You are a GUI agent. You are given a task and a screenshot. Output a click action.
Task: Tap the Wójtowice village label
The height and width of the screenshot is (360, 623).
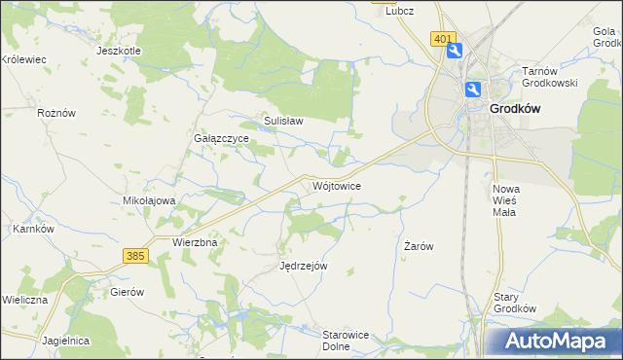coord(338,185)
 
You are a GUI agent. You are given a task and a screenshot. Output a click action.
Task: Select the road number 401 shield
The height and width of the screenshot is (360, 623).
coord(443,39)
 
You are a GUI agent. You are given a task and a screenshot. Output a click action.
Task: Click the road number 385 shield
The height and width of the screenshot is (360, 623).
coord(135,255)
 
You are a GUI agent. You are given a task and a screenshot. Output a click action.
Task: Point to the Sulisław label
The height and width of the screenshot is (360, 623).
coord(283,122)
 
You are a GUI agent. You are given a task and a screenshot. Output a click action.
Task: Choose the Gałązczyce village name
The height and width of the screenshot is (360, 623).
coord(222,139)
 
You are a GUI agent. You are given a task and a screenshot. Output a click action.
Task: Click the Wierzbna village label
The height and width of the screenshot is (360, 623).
coord(194,241)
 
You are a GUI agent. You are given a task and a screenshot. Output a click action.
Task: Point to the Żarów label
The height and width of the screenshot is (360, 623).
coord(418,246)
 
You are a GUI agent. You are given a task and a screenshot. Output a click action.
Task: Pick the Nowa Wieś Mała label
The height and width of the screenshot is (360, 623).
coord(506,199)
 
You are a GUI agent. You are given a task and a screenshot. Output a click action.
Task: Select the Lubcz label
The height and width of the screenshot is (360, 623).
coord(400,11)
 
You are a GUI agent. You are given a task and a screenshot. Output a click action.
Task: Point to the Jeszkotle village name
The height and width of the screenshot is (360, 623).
coord(119,51)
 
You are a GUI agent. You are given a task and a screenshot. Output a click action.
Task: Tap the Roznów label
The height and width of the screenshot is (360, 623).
coord(55,113)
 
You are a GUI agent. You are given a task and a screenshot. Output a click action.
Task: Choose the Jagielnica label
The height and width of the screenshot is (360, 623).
coord(66,341)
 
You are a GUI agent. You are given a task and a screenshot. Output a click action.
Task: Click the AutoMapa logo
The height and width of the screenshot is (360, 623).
coord(556,341)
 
